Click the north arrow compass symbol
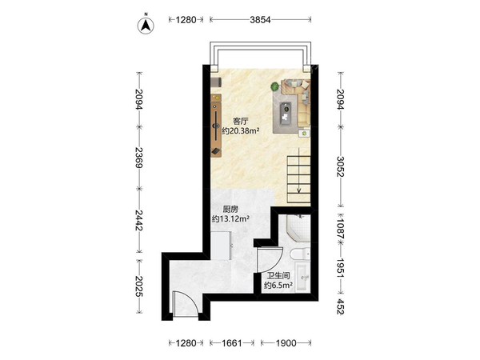(x=146, y=25)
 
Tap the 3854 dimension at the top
(x=260, y=19)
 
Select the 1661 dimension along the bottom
(x=232, y=343)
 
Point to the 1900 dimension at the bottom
(x=286, y=343)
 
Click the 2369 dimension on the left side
(x=139, y=158)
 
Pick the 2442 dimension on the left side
(x=139, y=221)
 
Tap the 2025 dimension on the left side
(x=139, y=286)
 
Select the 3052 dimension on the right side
(x=341, y=166)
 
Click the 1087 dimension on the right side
(x=341, y=228)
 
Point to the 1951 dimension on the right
(x=341, y=268)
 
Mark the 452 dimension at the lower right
(x=341, y=306)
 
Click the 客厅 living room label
(x=241, y=121)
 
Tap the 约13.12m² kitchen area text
(x=230, y=219)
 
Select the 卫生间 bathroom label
(x=278, y=275)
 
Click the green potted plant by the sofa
(x=275, y=86)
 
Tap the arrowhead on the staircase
(x=298, y=190)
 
